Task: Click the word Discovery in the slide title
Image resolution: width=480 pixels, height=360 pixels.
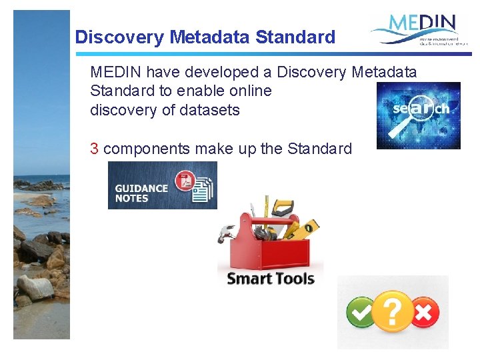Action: tap(119, 37)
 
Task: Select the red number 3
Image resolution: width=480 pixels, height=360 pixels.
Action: tap(95, 149)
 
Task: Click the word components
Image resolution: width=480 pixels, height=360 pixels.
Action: tap(147, 149)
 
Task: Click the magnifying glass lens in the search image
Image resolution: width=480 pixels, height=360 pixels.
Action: tap(417, 109)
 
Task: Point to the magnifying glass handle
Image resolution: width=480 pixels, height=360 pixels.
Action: tap(392, 135)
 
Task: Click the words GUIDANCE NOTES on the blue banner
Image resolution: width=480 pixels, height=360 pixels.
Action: tap(141, 193)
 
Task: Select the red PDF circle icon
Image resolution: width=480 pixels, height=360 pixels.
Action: tap(183, 181)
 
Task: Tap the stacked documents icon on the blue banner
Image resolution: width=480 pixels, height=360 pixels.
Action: tap(202, 189)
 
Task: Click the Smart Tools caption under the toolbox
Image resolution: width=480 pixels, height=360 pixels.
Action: tap(271, 279)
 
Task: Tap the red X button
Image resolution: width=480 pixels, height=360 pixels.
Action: tap(425, 312)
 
